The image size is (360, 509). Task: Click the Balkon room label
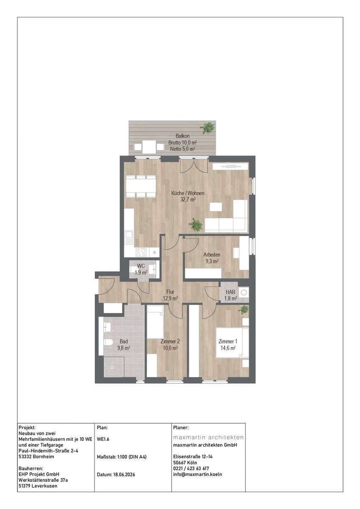[x=182, y=136]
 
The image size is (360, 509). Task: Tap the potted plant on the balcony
[x=208, y=128]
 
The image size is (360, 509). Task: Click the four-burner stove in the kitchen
[x=141, y=252]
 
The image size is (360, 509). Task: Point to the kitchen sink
[x=129, y=238]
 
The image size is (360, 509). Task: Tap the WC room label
[x=141, y=266]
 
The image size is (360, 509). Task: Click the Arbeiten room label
[x=212, y=255]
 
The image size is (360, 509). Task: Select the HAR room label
[x=230, y=292]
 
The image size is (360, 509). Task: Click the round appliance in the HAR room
[x=245, y=293]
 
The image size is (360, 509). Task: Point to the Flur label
[x=170, y=292]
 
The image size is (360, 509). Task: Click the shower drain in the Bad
[x=112, y=367]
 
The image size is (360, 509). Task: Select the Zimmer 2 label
[x=170, y=341]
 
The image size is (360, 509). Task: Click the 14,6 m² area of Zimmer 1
[x=228, y=348]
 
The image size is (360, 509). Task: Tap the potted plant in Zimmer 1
[x=244, y=309]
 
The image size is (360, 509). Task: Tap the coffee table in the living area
[x=216, y=207]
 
